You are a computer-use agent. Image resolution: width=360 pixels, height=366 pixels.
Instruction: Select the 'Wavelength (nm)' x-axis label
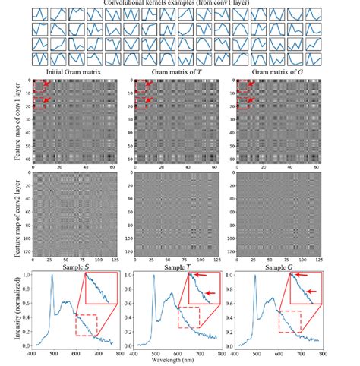point(177,361)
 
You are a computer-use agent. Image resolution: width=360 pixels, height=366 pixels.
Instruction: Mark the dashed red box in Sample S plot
point(90,322)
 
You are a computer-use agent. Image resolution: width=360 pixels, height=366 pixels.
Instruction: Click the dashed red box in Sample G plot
point(292,321)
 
